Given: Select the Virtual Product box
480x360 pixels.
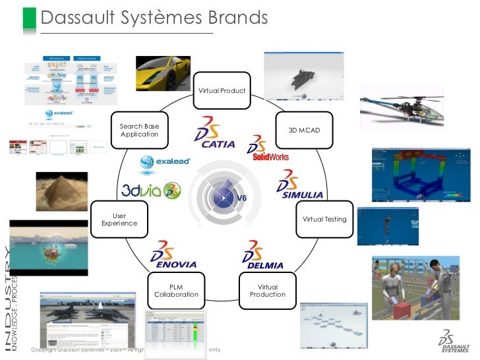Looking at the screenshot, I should pos(223,90).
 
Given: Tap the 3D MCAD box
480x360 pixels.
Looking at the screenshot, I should pos(305,130).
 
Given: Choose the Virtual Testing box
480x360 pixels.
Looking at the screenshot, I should pos(324,219).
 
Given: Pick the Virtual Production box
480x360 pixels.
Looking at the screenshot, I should pos(268,291).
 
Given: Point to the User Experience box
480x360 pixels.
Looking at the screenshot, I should pos(119,220).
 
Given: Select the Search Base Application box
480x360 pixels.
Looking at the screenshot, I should pos(140,130).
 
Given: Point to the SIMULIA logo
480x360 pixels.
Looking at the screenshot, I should pos(301,185).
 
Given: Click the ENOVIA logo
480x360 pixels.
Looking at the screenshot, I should pos(174,256).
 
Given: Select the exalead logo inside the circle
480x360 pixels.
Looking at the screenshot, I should pos(165,161).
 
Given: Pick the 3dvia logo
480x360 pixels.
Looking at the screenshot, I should pos(150,191).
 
